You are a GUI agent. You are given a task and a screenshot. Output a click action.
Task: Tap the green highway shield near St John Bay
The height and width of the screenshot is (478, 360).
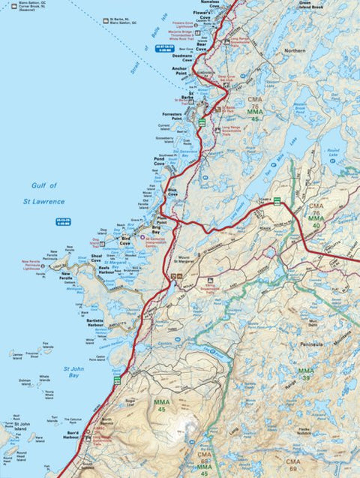[116, 381]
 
